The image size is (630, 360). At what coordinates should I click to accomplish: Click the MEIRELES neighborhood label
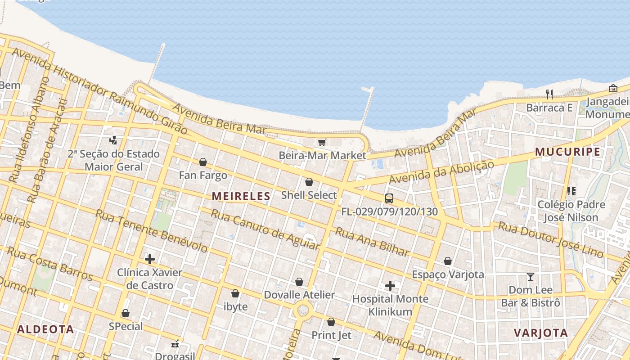click(241, 196)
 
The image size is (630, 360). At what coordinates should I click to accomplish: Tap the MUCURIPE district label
click(568, 152)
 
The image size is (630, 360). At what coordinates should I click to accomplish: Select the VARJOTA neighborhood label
click(540, 333)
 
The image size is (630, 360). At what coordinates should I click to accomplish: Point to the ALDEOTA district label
click(45, 329)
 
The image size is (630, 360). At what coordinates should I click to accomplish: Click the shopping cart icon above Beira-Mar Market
click(322, 143)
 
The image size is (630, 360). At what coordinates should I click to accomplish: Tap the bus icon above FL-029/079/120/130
click(389, 198)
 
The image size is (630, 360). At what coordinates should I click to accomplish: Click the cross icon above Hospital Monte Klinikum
click(390, 285)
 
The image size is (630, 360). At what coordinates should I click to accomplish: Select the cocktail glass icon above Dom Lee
click(531, 276)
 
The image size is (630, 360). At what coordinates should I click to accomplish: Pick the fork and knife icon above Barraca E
click(549, 94)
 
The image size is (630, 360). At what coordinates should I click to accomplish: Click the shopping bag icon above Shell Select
click(309, 182)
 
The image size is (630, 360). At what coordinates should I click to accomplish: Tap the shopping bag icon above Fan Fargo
click(203, 162)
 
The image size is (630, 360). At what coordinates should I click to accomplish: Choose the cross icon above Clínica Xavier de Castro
click(150, 259)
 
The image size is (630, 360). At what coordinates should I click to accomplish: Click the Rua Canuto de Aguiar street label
click(265, 230)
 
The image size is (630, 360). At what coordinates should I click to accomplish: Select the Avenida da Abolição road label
click(441, 172)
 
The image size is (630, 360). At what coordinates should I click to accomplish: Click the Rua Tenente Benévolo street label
click(151, 230)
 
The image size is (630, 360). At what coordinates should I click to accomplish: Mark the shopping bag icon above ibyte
click(235, 293)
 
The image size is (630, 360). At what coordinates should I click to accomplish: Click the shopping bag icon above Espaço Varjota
click(448, 261)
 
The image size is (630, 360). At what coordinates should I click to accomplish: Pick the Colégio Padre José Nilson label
click(571, 211)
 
